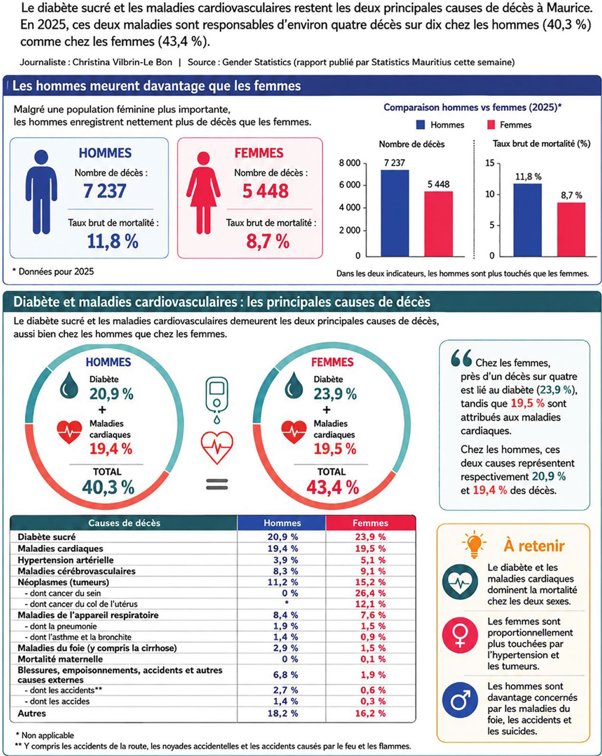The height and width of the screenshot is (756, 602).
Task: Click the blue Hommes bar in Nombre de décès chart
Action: pyautogui.click(x=395, y=213)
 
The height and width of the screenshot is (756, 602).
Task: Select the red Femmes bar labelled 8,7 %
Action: pyautogui.click(x=571, y=229)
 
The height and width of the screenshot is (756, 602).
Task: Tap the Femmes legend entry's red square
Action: pyautogui.click(x=491, y=125)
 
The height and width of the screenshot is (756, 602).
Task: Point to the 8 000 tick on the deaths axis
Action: pyautogui.click(x=349, y=163)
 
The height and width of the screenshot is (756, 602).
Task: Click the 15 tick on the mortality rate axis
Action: pyautogui.click(x=490, y=163)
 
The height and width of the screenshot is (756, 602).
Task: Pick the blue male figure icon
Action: pyautogui.click(x=41, y=192)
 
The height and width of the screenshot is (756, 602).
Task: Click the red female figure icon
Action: pyautogui.click(x=204, y=193)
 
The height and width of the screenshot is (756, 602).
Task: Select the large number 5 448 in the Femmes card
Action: pyautogui.click(x=265, y=191)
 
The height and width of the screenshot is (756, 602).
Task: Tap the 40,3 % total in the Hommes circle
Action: pyautogui.click(x=108, y=487)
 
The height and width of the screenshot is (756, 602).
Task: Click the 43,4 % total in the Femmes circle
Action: pyautogui.click(x=333, y=487)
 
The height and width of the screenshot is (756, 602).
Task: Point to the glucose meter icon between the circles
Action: pyautogui.click(x=217, y=400)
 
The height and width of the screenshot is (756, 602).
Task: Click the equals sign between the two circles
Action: pyautogui.click(x=217, y=484)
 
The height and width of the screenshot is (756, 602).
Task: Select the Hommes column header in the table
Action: pyautogui.click(x=282, y=523)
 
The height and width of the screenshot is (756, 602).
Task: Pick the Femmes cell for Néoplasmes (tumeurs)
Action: pyautogui.click(x=370, y=582)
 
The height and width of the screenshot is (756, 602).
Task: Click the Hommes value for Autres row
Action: pyautogui.click(x=283, y=713)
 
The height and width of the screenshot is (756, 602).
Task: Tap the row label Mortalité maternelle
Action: pyautogui.click(x=60, y=659)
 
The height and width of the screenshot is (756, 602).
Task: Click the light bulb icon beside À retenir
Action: pyautogui.click(x=474, y=544)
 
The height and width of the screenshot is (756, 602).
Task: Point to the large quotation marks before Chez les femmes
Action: pyautogui.click(x=461, y=358)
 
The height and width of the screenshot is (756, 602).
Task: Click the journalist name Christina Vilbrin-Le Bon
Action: pyautogui.click(x=122, y=62)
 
